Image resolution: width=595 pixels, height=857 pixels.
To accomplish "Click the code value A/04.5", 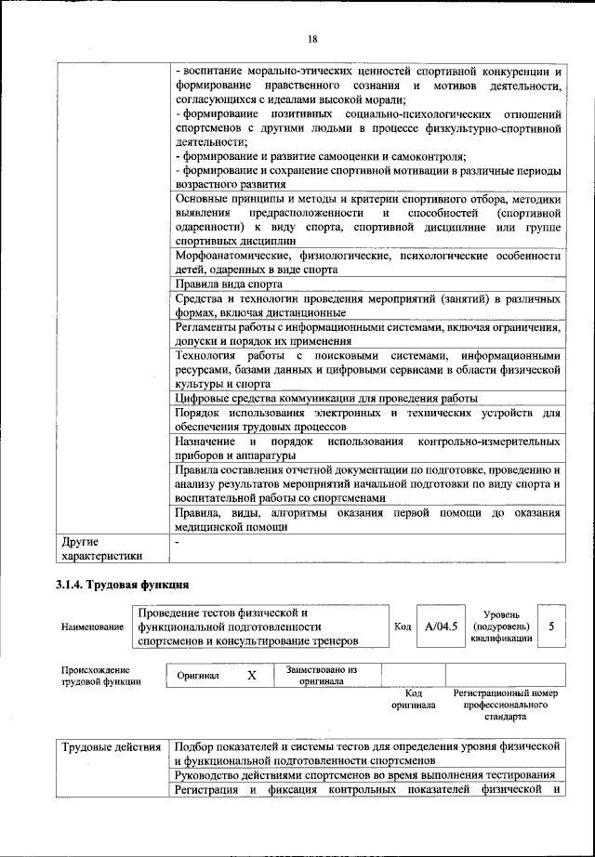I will coord(441,626).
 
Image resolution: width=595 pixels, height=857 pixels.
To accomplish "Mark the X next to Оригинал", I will coord(251,675).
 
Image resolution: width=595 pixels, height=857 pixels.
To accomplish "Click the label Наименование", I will coord(92,627).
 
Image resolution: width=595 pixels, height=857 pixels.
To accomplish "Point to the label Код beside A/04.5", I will coord(403,626).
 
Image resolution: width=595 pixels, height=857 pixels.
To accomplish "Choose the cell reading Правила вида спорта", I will coord(229,283).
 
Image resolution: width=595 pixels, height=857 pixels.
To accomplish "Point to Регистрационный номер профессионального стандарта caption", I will coord(505,705).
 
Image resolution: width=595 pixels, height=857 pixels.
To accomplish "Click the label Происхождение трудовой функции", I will coord(100,676).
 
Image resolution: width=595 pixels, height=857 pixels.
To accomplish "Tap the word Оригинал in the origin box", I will coord(198,676).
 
